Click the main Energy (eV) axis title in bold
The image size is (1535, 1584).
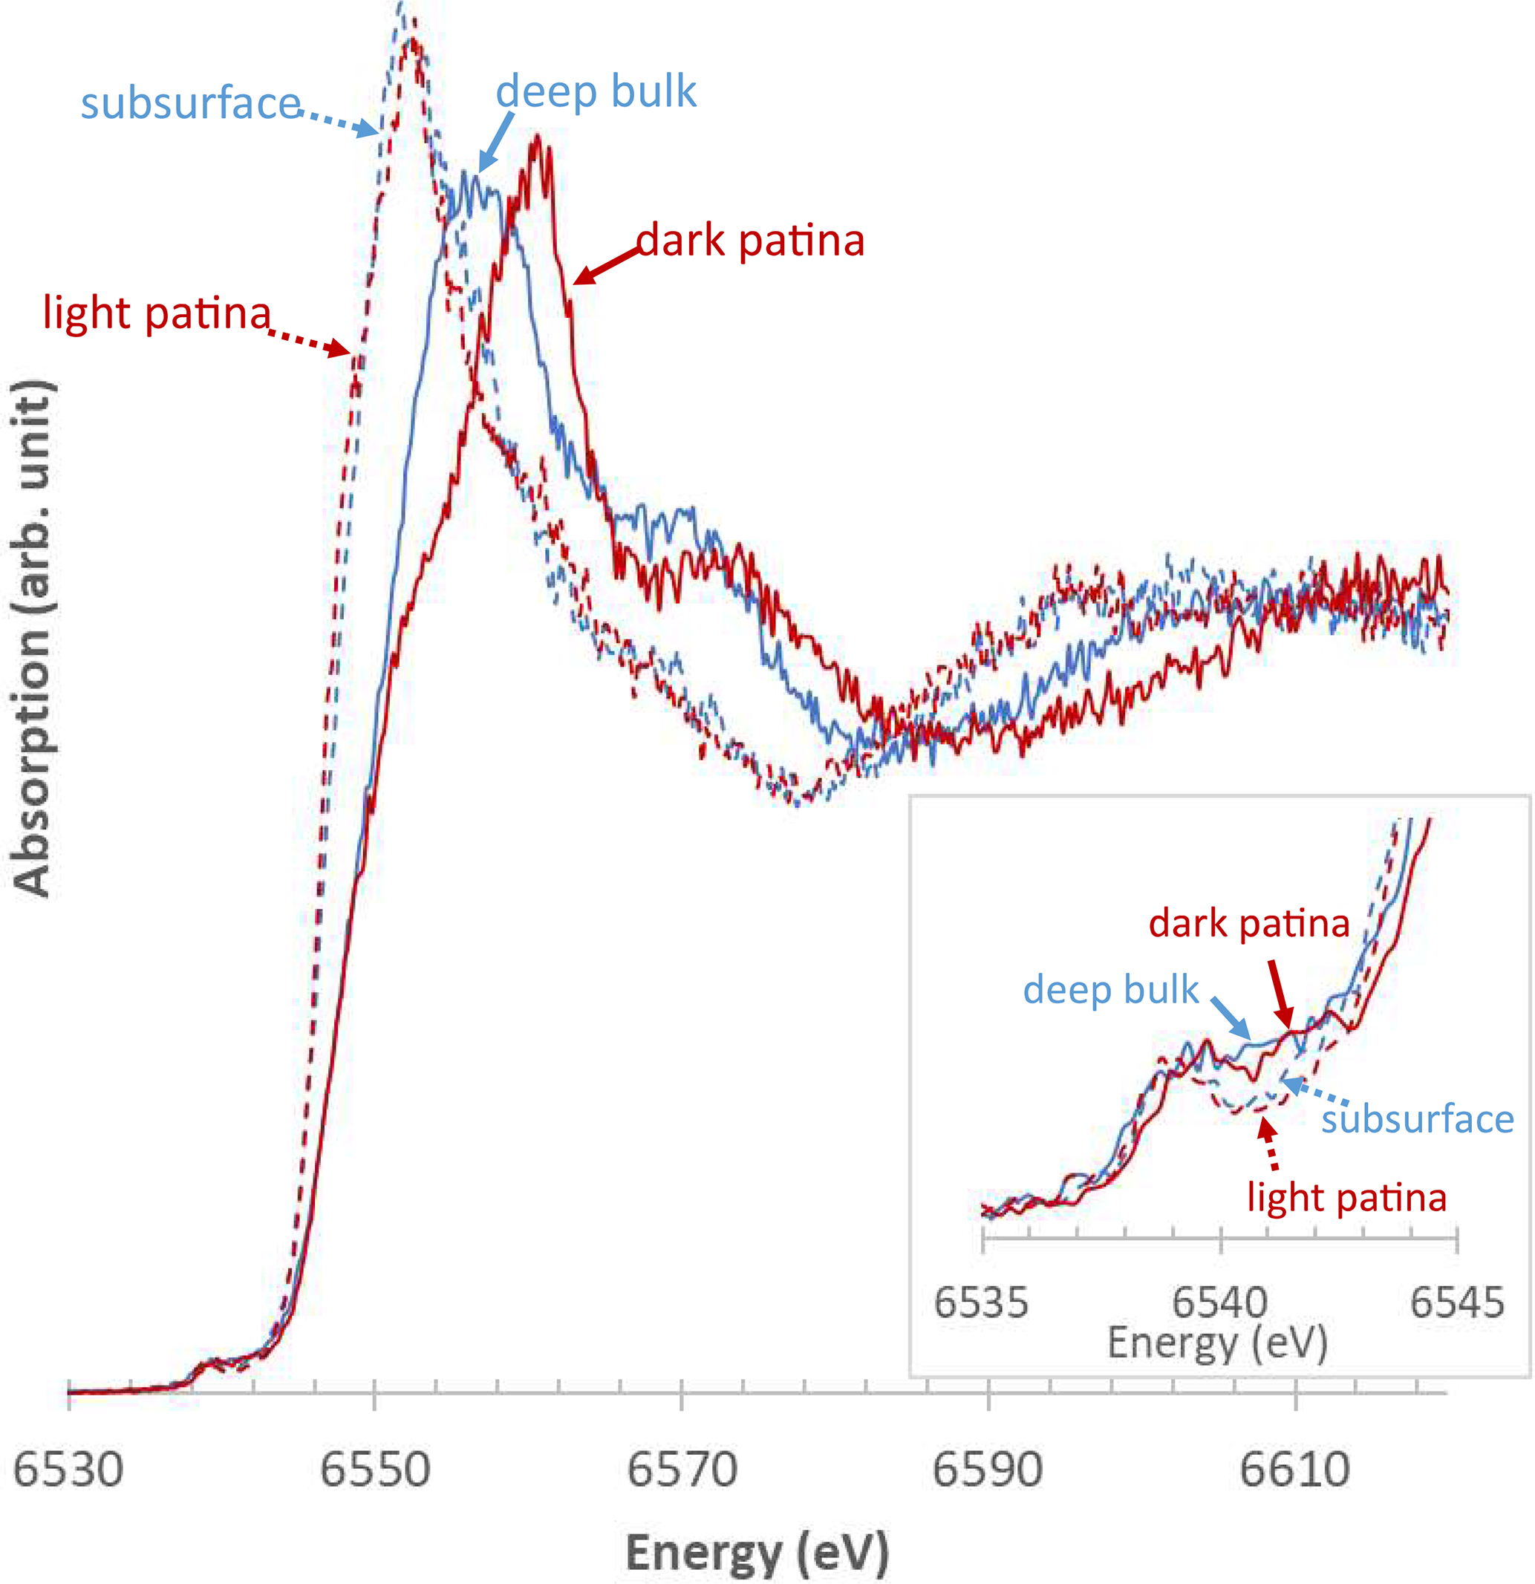point(757,1553)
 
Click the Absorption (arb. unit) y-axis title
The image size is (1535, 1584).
point(34,639)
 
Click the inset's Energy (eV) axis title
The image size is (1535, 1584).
point(1217,1343)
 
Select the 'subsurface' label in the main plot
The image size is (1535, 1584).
point(191,103)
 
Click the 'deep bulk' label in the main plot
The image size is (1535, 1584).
point(596,91)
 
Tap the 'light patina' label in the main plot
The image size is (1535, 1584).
point(157,313)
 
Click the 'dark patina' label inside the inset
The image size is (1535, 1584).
point(1249,923)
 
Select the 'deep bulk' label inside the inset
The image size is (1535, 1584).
point(1111,990)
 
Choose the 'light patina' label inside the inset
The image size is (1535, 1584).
point(1346,1198)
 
